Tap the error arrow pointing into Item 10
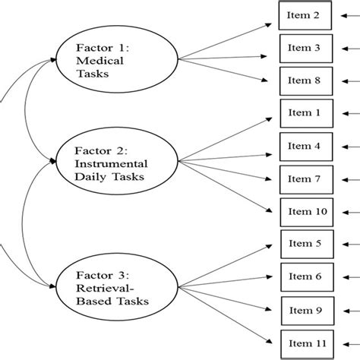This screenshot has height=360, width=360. point(345,211)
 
